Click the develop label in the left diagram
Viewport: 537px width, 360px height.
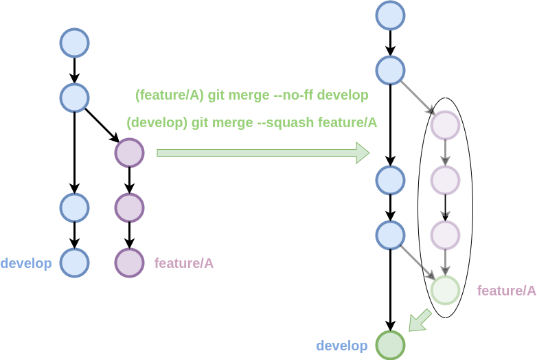coord(26,263)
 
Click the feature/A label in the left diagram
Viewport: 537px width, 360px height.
coord(183,263)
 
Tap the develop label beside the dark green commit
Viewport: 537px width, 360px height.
coord(341,346)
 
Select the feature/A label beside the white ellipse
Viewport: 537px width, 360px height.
coord(506,291)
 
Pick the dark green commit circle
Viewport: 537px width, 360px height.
coord(391,345)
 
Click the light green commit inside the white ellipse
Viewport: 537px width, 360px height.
coord(445,290)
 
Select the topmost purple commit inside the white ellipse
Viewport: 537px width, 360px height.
coord(445,125)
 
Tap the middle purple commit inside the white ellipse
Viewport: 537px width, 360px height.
coord(445,180)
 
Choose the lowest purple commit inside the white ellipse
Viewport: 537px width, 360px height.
coord(445,235)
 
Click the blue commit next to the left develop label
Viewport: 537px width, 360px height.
coord(74,262)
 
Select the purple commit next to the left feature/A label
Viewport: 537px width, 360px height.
coord(129,262)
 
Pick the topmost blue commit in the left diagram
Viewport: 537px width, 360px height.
coord(74,43)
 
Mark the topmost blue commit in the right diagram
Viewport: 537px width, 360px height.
coord(390,15)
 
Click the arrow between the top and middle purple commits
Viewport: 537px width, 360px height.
coord(445,153)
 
